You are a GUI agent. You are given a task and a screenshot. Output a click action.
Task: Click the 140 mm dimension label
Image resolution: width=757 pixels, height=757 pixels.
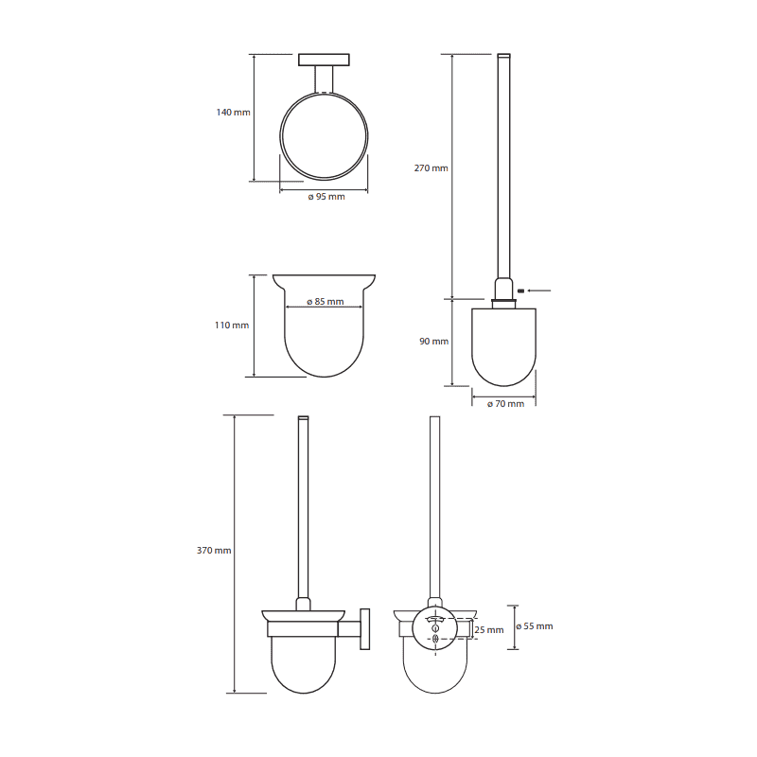[233, 113]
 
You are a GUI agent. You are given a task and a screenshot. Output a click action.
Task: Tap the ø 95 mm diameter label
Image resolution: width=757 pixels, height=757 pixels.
[326, 197]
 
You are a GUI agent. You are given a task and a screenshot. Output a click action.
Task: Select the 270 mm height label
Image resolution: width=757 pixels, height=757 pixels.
[431, 168]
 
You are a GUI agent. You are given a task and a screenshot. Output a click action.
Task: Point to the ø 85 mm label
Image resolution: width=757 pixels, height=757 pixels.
[326, 302]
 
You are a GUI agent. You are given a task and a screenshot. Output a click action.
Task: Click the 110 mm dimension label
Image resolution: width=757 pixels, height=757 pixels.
[232, 326]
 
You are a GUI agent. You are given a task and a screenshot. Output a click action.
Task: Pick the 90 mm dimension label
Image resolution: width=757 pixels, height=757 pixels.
[434, 342]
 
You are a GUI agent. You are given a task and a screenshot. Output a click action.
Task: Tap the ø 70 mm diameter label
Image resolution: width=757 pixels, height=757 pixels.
[505, 404]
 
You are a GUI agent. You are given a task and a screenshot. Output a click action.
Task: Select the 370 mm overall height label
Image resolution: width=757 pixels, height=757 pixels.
[214, 551]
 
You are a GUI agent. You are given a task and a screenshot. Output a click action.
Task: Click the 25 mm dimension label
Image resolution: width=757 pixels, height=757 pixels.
[489, 630]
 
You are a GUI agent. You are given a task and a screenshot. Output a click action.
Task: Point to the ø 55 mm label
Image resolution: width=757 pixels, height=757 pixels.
[535, 626]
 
